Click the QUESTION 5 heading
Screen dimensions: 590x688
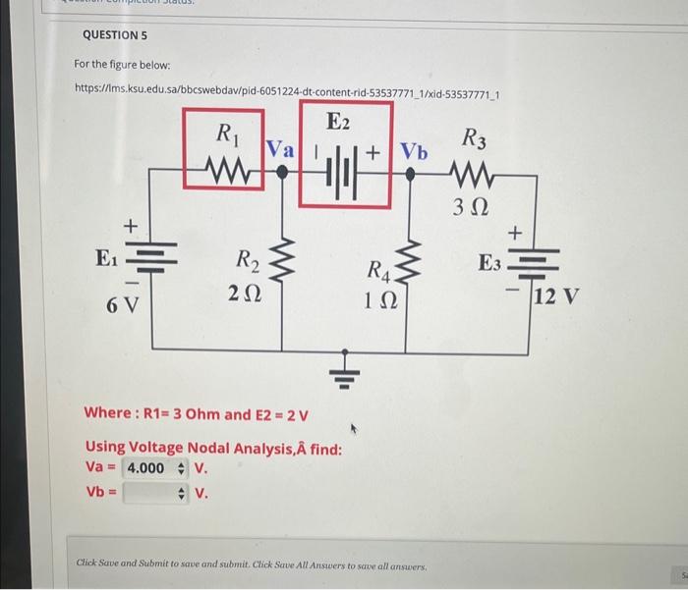coord(114,33)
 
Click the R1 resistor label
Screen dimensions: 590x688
coord(225,134)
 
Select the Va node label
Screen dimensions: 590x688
coord(280,149)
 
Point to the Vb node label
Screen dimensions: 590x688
coord(414,152)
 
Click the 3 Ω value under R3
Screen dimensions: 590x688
coord(472,207)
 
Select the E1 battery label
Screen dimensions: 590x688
coord(105,259)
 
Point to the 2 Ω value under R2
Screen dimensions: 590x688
coord(244,292)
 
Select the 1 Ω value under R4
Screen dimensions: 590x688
coord(378,303)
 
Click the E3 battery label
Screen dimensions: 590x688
coord(489,263)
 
